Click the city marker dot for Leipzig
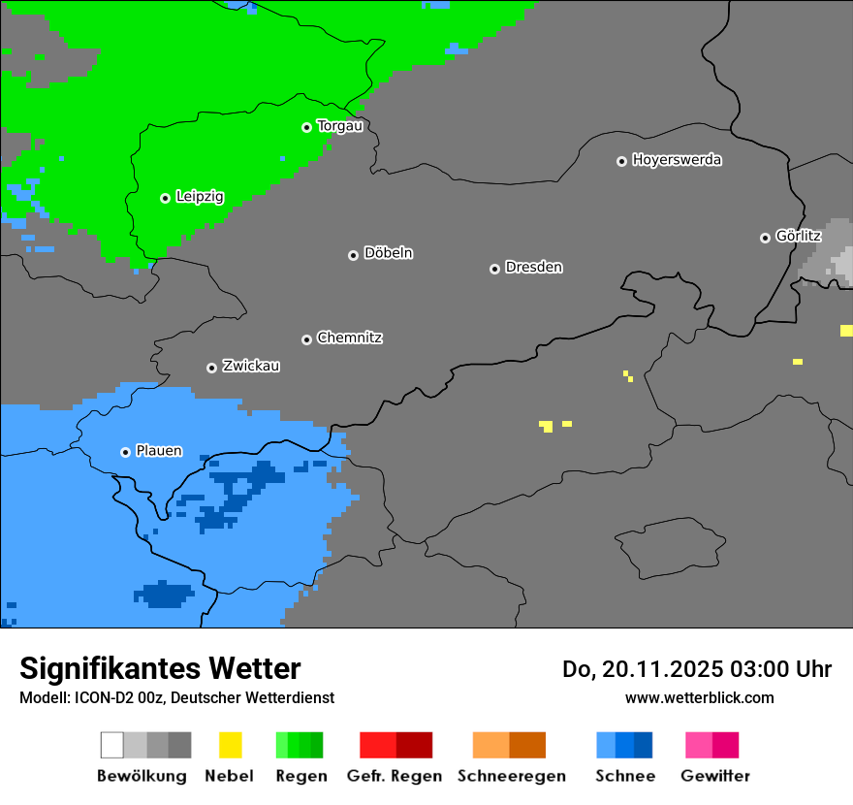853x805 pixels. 165,198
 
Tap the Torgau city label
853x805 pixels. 339,126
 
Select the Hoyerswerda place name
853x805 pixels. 677,160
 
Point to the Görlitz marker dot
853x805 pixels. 765,238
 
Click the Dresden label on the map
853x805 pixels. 533,267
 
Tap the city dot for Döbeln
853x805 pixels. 353,255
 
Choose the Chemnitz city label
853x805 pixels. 349,338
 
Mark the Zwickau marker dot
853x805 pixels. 211,368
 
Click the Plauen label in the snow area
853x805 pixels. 159,451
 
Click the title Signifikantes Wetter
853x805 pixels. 160,668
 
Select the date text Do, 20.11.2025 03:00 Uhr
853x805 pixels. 696,669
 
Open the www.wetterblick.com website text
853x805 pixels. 699,697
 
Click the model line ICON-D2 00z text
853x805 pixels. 176,697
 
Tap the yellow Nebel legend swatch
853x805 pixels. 230,745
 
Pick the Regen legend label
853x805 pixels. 300,776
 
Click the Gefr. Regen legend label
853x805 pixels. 395,776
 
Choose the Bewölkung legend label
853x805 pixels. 142,776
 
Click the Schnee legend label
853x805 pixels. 624,776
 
